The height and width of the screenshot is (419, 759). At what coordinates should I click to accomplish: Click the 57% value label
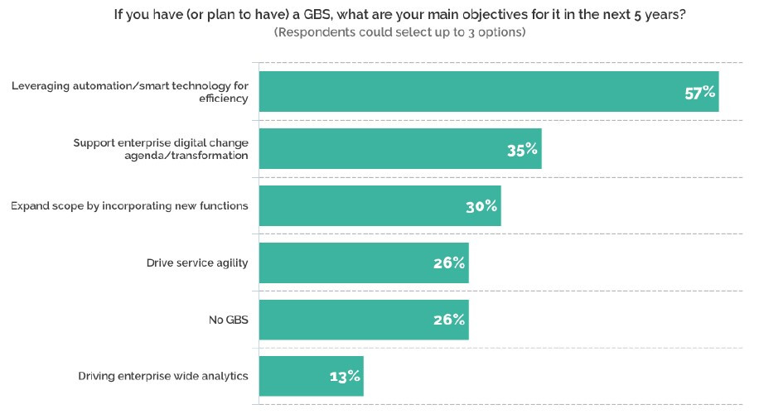(x=699, y=93)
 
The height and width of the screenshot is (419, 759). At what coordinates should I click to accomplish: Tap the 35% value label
(x=522, y=150)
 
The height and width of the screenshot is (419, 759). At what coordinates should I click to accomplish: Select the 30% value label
(x=481, y=206)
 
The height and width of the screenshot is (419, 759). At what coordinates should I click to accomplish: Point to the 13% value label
(x=345, y=376)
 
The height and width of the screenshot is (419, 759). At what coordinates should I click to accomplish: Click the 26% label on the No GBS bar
(x=449, y=320)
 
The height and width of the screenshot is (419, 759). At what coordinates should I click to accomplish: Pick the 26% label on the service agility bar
(x=449, y=262)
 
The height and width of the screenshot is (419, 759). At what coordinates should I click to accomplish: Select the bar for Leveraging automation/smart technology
(x=489, y=91)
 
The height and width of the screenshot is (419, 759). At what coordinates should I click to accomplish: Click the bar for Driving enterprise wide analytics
(x=312, y=376)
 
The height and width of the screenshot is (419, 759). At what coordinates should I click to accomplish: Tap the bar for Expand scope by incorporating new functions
(x=380, y=205)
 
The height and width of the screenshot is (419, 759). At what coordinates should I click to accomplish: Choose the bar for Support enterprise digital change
(x=400, y=148)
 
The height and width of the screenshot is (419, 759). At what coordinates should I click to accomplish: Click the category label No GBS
(x=229, y=320)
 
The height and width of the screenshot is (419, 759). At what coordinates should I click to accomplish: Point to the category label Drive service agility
(x=197, y=262)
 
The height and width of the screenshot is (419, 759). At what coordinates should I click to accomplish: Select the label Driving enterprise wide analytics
(x=163, y=376)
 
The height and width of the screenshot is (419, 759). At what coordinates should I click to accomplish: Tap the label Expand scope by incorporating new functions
(x=129, y=205)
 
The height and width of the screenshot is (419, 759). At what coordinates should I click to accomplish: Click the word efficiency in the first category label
(x=223, y=99)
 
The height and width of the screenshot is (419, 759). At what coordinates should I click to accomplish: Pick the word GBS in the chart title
(x=317, y=15)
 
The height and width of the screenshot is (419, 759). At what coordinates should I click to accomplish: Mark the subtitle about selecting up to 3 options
(x=400, y=32)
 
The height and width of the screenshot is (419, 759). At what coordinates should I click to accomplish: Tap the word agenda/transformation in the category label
(x=186, y=156)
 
